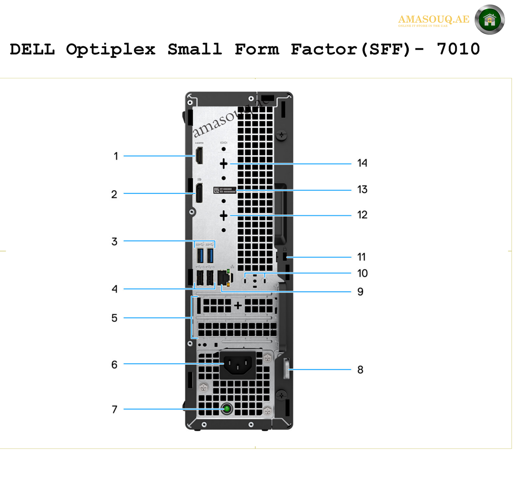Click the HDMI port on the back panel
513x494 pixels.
tap(199, 155)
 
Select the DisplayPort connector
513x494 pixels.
tap(199, 193)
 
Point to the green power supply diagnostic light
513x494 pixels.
tap(227, 409)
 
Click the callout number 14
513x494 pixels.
tap(362, 163)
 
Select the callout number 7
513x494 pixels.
tap(114, 409)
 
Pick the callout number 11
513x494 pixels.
tap(361, 257)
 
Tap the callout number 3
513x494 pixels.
tap(114, 241)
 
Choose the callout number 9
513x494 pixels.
tap(360, 292)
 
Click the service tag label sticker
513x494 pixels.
tap(225, 190)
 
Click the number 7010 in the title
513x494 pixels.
tap(458, 49)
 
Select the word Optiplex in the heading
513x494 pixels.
tap(111, 50)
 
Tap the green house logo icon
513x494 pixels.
tap(490, 19)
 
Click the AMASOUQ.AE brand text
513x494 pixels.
tap(434, 19)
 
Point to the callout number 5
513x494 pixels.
tap(114, 318)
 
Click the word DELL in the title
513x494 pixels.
tap(32, 49)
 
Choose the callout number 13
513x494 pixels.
tap(362, 189)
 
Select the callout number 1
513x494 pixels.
tap(116, 156)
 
